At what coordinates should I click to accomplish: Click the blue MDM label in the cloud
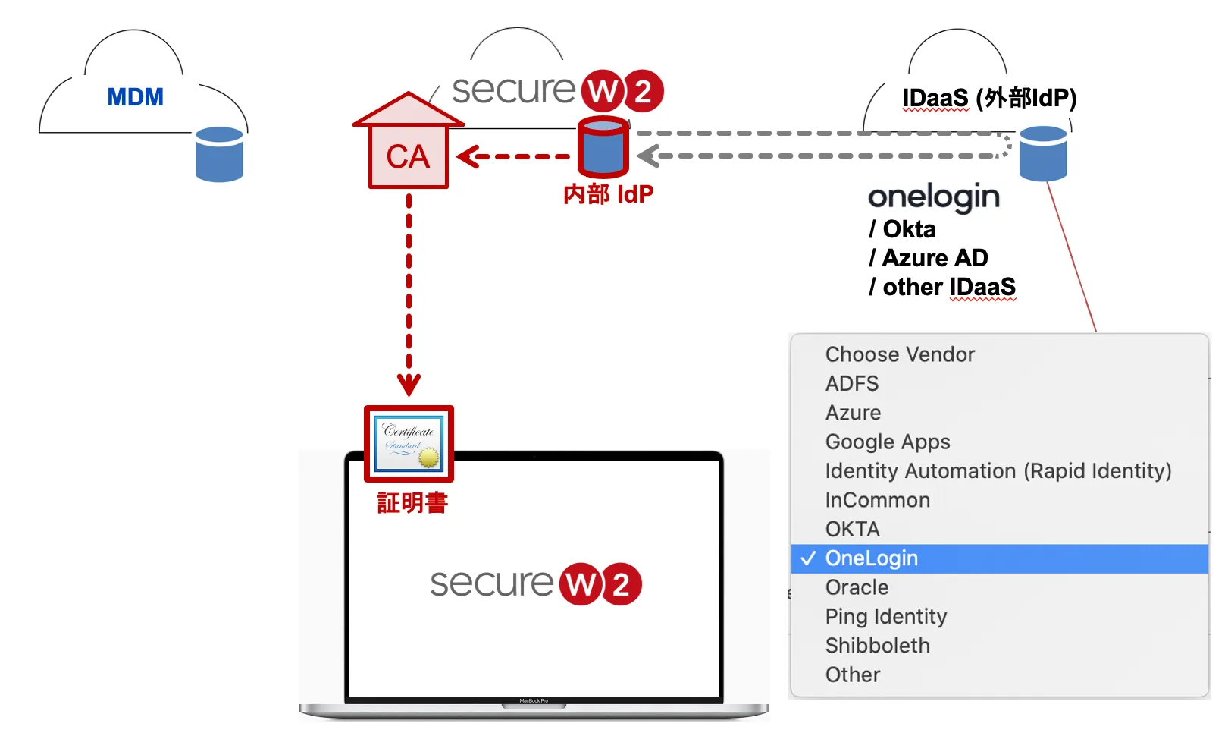[x=135, y=97]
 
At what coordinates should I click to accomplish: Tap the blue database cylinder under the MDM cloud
[x=219, y=155]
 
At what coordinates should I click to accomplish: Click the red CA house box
[x=408, y=156]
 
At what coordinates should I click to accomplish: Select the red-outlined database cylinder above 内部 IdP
[x=603, y=147]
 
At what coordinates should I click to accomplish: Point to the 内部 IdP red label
[x=608, y=194]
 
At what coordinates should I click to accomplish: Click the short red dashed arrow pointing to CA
[x=513, y=157]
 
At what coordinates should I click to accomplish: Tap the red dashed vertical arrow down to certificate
[x=409, y=296]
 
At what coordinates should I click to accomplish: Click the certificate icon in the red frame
[x=409, y=444]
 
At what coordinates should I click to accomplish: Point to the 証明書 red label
[x=412, y=502]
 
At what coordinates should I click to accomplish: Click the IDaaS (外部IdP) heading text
[x=989, y=98]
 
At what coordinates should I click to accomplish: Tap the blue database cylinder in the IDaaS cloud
[x=1043, y=154]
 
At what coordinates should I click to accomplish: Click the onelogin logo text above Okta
[x=934, y=197]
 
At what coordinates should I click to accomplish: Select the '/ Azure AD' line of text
[x=929, y=258]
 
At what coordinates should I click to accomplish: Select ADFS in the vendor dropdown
[x=852, y=384]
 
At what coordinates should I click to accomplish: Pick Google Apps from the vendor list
[x=888, y=442]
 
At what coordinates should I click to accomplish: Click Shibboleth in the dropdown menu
[x=878, y=646]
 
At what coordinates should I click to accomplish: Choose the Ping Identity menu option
[x=886, y=616]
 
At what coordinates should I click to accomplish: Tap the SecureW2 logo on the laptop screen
[x=535, y=583]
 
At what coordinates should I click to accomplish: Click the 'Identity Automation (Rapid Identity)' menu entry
[x=998, y=471]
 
